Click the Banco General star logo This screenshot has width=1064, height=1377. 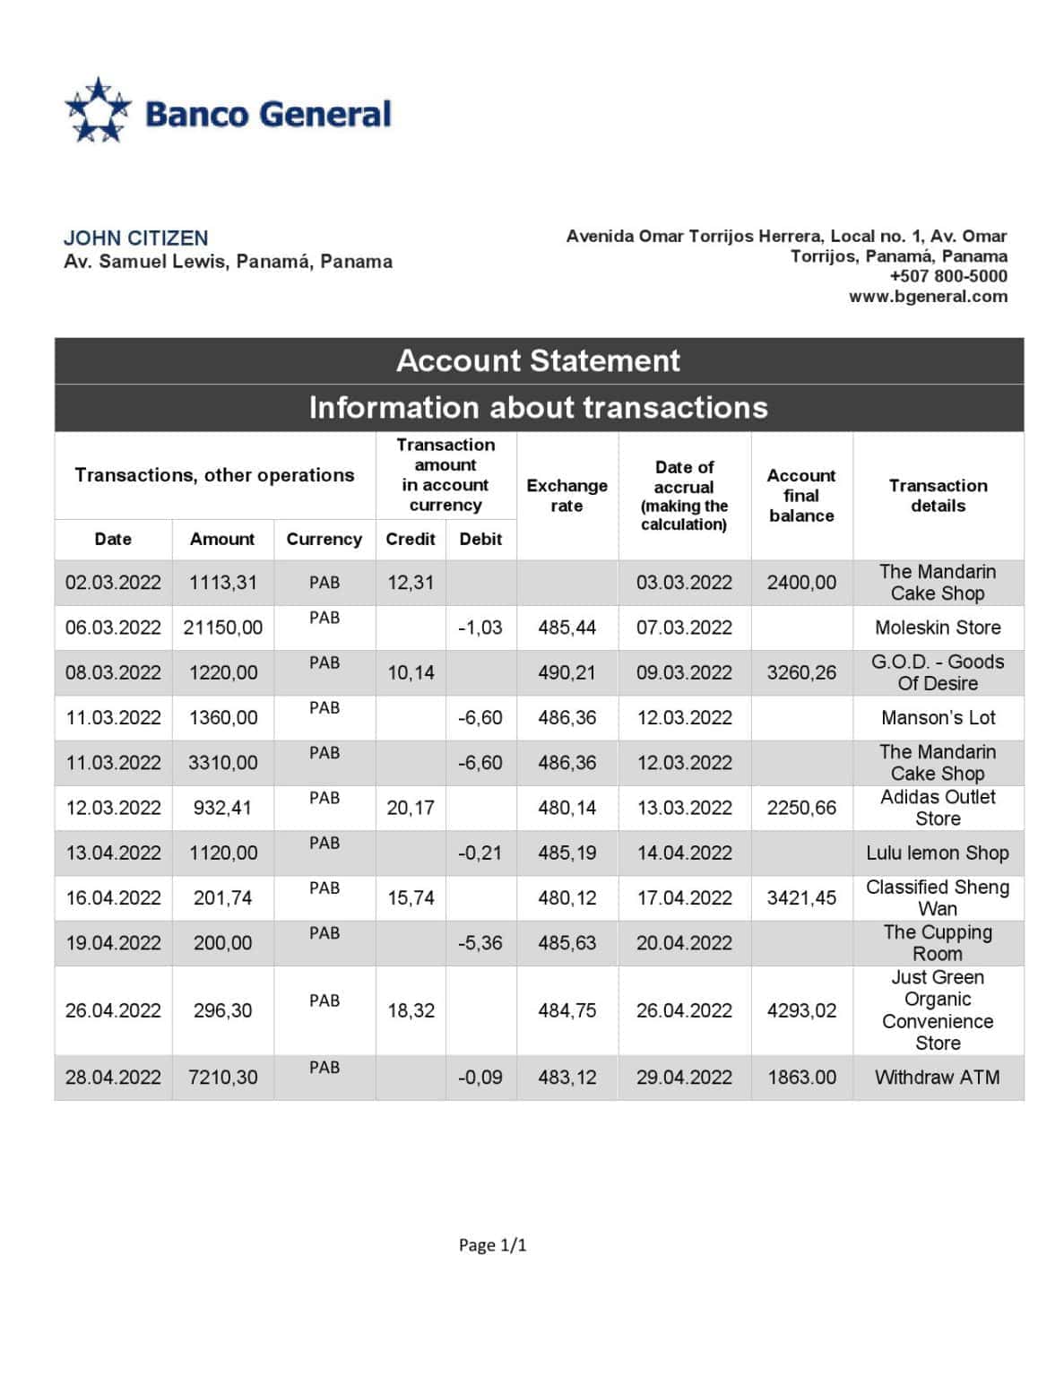(98, 111)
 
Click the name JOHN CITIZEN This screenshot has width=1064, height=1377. (135, 238)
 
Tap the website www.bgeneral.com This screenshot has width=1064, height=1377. (928, 297)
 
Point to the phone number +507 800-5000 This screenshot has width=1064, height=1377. (947, 276)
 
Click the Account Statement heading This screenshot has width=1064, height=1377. (538, 360)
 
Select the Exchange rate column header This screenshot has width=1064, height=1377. (567, 495)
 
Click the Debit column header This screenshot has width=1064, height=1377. (480, 539)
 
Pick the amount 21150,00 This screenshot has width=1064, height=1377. (222, 628)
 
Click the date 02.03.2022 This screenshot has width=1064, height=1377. (113, 583)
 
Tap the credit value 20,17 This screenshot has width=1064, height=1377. (411, 808)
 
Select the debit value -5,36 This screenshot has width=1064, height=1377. (480, 943)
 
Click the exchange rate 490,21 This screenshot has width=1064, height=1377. (567, 672)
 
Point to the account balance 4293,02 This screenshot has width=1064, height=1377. (801, 1010)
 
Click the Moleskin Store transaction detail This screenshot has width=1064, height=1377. (938, 628)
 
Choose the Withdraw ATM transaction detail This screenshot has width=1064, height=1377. (937, 1078)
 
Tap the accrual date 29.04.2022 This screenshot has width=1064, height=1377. (684, 1078)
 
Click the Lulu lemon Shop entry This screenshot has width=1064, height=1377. (937, 853)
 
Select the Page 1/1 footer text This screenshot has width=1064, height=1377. (492, 1244)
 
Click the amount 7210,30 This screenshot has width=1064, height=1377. (222, 1078)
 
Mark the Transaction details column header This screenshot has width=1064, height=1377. (938, 495)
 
